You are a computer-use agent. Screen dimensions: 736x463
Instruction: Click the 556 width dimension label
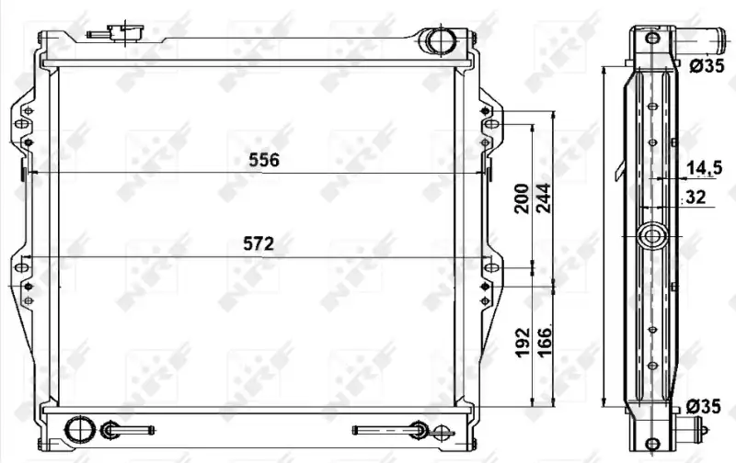pyautogui.click(x=264, y=160)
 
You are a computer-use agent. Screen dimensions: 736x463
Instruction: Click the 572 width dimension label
pyautogui.click(x=259, y=243)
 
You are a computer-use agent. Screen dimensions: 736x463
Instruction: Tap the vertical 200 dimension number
pyautogui.click(x=522, y=198)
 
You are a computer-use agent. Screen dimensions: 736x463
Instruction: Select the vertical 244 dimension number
pyautogui.click(x=544, y=198)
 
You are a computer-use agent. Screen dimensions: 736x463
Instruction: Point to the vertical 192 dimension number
pyautogui.click(x=523, y=343)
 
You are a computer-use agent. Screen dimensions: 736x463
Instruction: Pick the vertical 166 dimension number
pyautogui.click(x=544, y=343)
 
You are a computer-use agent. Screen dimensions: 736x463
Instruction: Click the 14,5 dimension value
pyautogui.click(x=704, y=168)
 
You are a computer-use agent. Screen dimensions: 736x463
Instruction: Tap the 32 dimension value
pyautogui.click(x=696, y=197)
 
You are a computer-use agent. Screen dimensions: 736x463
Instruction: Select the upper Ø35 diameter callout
pyautogui.click(x=707, y=66)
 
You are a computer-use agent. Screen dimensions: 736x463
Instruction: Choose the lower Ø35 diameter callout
pyautogui.click(x=703, y=406)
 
